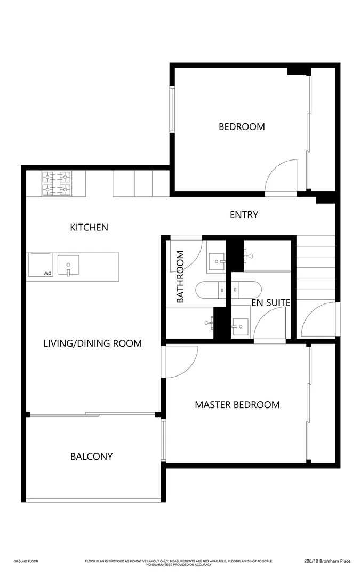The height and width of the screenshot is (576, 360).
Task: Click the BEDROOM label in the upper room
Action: [x=242, y=127]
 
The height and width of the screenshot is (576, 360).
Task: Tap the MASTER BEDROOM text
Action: [x=237, y=405]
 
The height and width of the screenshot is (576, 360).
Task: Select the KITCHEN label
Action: [x=89, y=228]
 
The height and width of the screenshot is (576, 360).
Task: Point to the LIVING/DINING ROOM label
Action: [x=92, y=343]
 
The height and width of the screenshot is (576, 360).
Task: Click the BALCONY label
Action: [x=91, y=457]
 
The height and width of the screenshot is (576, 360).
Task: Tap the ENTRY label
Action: [x=244, y=215]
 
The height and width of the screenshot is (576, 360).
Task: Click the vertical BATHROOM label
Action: [x=180, y=277]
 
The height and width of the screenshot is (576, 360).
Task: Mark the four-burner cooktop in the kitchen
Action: [x=57, y=183]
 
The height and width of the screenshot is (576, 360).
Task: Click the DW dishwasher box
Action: [x=40, y=265]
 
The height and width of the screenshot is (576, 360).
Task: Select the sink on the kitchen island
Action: [x=68, y=265]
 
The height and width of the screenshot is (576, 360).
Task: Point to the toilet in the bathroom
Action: [x=209, y=290]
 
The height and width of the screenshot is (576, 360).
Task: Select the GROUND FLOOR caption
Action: [x=26, y=561]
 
